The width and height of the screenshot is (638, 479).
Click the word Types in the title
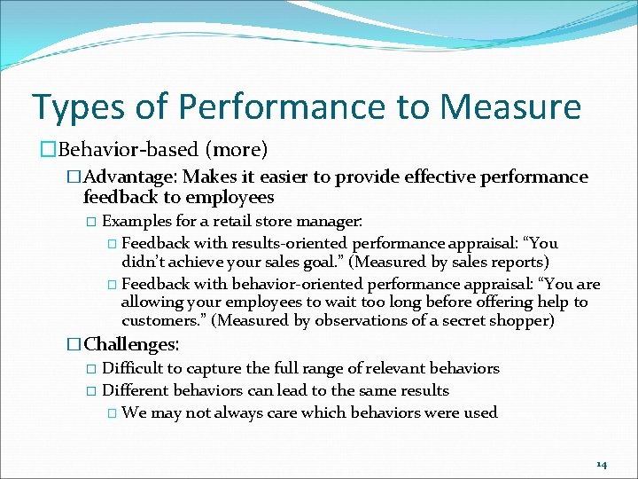click(x=78, y=108)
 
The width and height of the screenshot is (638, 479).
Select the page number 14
click(x=601, y=464)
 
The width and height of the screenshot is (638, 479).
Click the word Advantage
click(x=132, y=177)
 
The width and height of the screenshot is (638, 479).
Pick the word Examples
click(x=135, y=220)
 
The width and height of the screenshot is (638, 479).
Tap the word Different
click(x=136, y=390)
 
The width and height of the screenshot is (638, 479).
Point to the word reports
click(x=512, y=262)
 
